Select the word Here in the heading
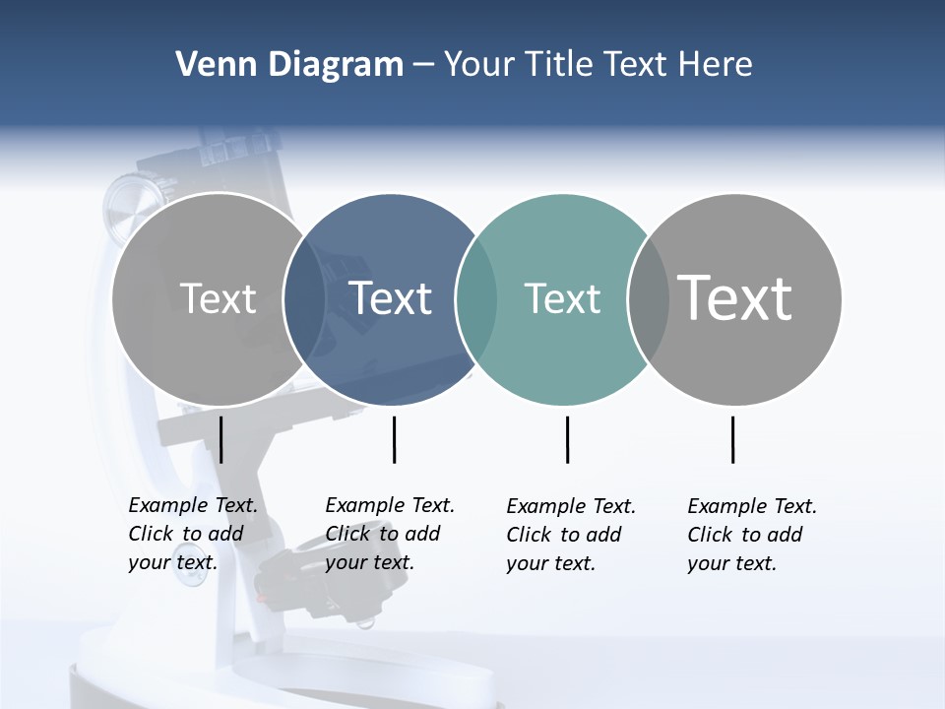[x=716, y=65]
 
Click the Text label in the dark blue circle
[x=391, y=298]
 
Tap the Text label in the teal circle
[x=562, y=298]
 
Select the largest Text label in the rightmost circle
[x=735, y=298]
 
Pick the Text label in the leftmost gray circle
[x=218, y=298]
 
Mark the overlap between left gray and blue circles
[x=304, y=299]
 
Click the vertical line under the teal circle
[x=567, y=439]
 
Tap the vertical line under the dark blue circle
[x=394, y=439]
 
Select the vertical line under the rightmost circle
[x=732, y=439]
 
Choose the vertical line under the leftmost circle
[x=221, y=439]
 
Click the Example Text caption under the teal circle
[x=571, y=535]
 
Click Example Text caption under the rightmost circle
[x=751, y=535]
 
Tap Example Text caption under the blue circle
[x=389, y=534]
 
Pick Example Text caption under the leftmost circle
[x=192, y=534]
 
